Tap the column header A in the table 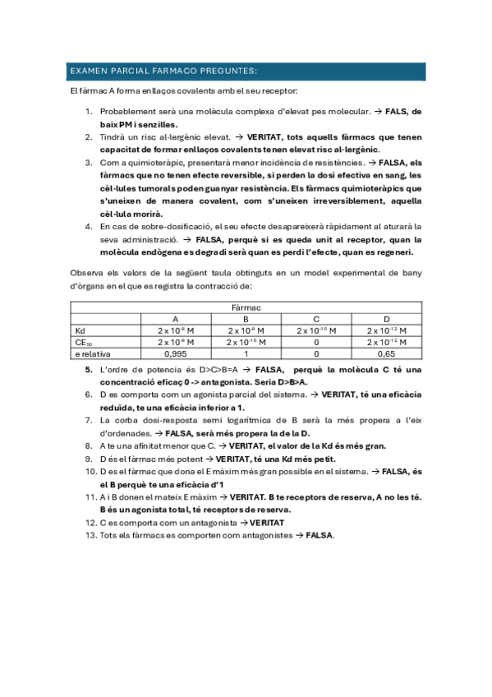pos(175,318)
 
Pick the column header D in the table pos(386,318)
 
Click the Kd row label pos(80,330)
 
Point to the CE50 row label pos(81,341)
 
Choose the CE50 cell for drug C pos(316,341)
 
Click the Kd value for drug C pos(316,330)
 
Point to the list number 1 pos(90,111)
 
